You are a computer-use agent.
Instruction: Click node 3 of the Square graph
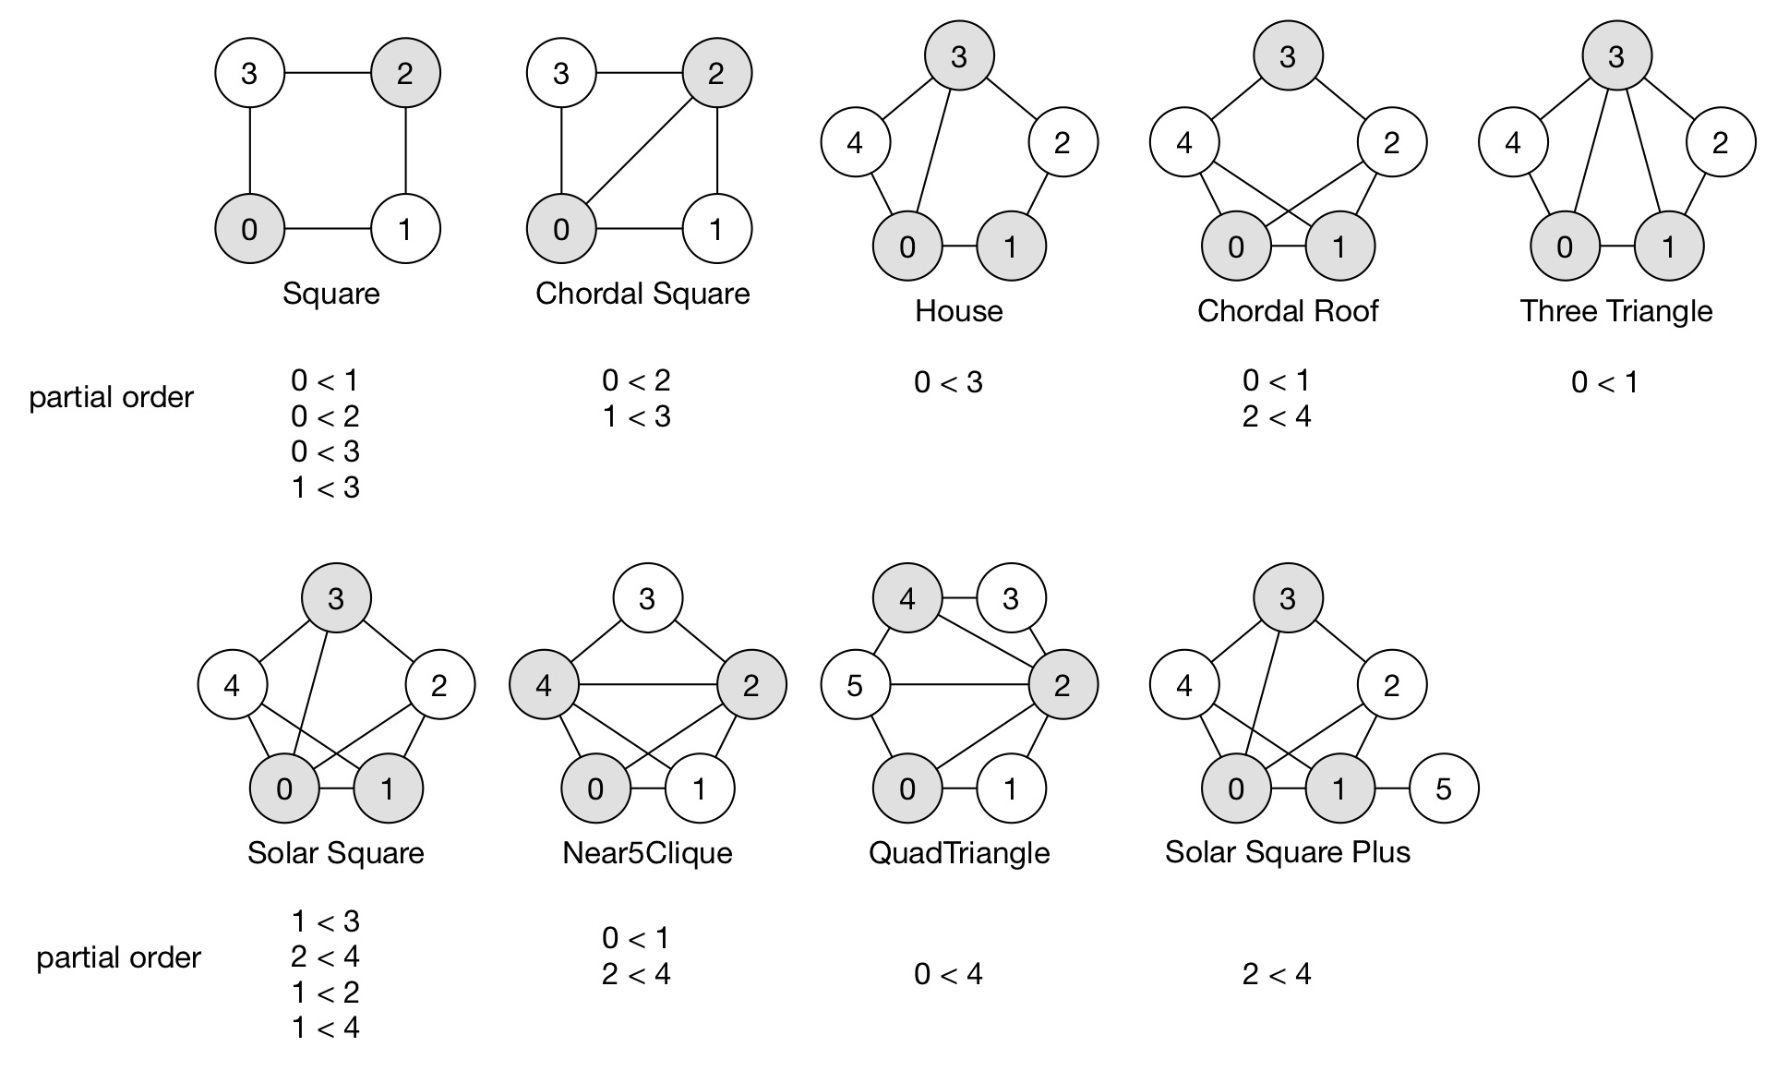pyautogui.click(x=249, y=73)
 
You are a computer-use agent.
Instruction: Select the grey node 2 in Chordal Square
pyautogui.click(x=716, y=73)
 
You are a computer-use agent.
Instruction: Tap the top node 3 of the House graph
pyautogui.click(x=959, y=56)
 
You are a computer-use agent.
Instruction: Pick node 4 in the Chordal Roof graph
pyautogui.click(x=1184, y=143)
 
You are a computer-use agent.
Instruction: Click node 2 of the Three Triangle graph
pyautogui.click(x=1720, y=143)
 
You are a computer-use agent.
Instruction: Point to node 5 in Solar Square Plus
pyautogui.click(x=1444, y=788)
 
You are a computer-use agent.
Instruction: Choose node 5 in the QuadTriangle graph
pyautogui.click(x=855, y=685)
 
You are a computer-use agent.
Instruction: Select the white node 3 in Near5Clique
pyautogui.click(x=647, y=598)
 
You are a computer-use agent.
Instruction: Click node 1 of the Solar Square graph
pyautogui.click(x=388, y=788)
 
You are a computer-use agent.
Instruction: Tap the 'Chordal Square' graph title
pyautogui.click(x=642, y=294)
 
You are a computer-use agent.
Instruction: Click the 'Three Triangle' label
pyautogui.click(x=1615, y=311)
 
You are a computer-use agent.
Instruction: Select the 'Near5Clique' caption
pyautogui.click(x=647, y=852)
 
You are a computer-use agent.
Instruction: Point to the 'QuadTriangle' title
pyautogui.click(x=959, y=852)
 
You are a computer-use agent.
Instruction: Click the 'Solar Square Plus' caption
pyautogui.click(x=1287, y=851)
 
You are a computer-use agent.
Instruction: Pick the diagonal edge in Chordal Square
pyautogui.click(x=639, y=151)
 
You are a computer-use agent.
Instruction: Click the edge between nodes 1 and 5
pyautogui.click(x=1391, y=788)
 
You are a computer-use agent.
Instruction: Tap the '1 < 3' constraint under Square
pyautogui.click(x=326, y=487)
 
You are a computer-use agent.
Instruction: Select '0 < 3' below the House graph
pyautogui.click(x=948, y=382)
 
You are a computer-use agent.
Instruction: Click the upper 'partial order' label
pyautogui.click(x=112, y=398)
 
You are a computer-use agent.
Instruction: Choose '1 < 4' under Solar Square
pyautogui.click(x=326, y=1028)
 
